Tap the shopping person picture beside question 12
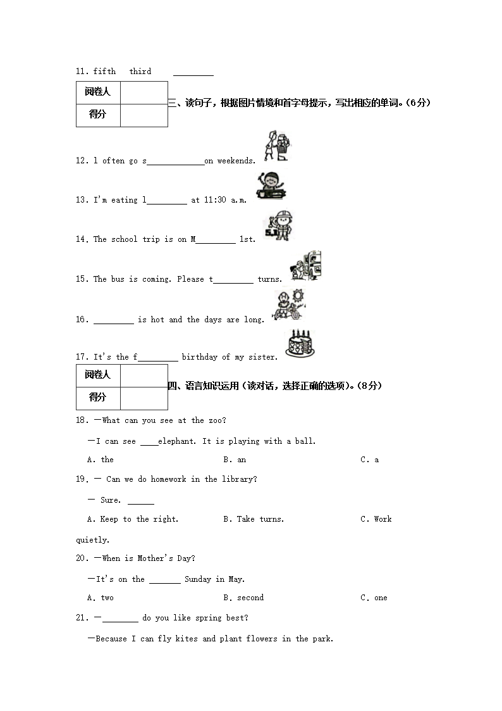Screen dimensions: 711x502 pyautogui.click(x=276, y=146)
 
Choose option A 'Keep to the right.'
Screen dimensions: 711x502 pyautogui.click(x=133, y=519)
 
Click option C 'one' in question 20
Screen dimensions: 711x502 pyautogui.click(x=374, y=598)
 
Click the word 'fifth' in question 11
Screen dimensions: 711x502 pyautogui.click(x=104, y=72)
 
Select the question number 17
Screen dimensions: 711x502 pyautogui.click(x=82, y=357)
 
